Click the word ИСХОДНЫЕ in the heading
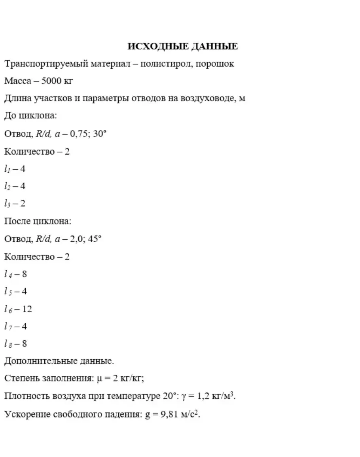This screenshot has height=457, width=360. click(x=157, y=47)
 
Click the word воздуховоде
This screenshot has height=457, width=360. click(x=206, y=99)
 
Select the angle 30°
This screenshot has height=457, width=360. click(x=100, y=134)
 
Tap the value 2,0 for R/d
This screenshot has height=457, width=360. click(x=76, y=239)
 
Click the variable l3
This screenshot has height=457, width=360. click(x=7, y=204)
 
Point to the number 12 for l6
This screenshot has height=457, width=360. click(x=27, y=309)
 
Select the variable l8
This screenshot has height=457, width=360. click(x=8, y=344)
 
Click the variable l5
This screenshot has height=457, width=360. click(x=8, y=292)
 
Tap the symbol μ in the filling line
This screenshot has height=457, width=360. click(x=99, y=379)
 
